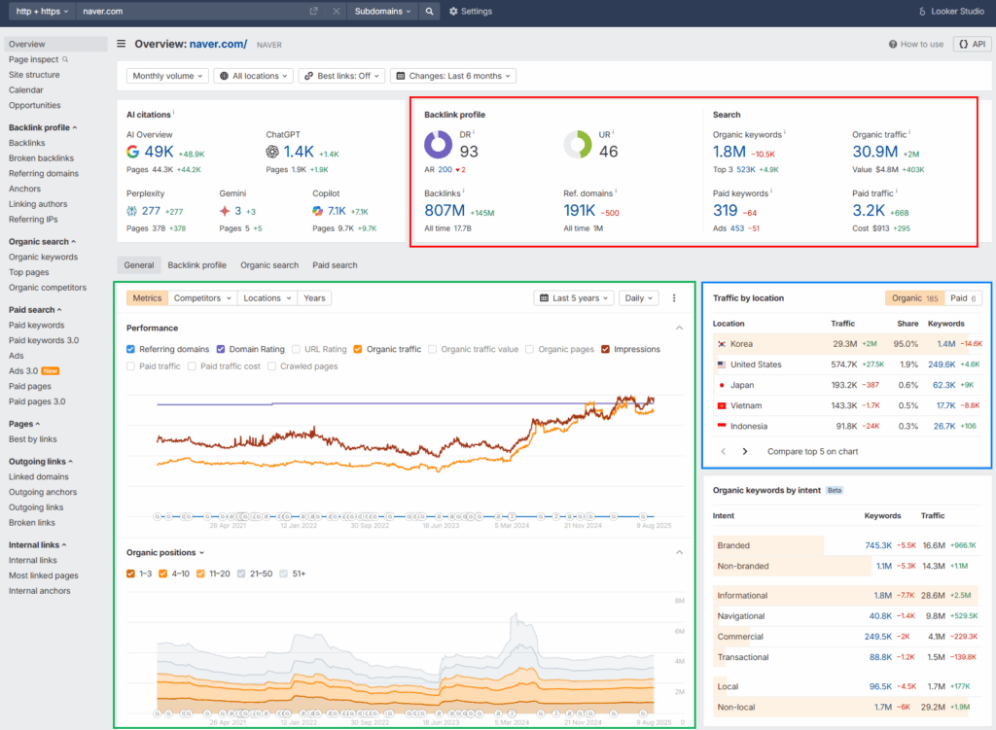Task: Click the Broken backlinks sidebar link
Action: (41, 157)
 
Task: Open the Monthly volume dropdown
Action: (167, 76)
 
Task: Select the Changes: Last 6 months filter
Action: (454, 76)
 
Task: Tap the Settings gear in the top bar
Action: (471, 12)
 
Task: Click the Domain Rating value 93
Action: (469, 151)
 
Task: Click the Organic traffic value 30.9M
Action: (874, 151)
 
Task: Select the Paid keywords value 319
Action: (725, 211)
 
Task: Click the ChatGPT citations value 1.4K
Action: (300, 152)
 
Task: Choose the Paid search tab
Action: (335, 264)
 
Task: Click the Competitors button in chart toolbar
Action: (202, 298)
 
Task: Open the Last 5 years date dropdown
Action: (574, 298)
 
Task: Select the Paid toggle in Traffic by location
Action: (962, 298)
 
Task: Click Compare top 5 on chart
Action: (812, 451)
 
